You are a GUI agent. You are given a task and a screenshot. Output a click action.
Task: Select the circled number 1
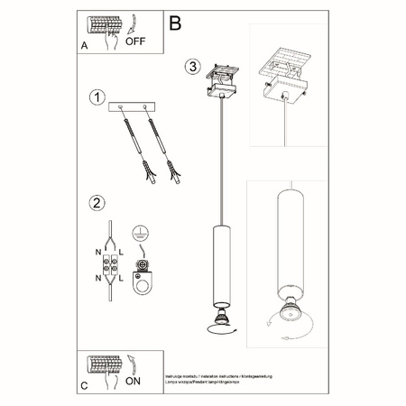pyautogui.click(x=97, y=97)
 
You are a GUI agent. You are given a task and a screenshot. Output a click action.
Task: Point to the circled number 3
pyautogui.click(x=192, y=67)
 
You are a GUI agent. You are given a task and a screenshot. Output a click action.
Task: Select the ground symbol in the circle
pyautogui.click(x=141, y=233)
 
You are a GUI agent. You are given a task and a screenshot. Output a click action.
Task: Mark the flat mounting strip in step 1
pyautogui.click(x=132, y=107)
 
